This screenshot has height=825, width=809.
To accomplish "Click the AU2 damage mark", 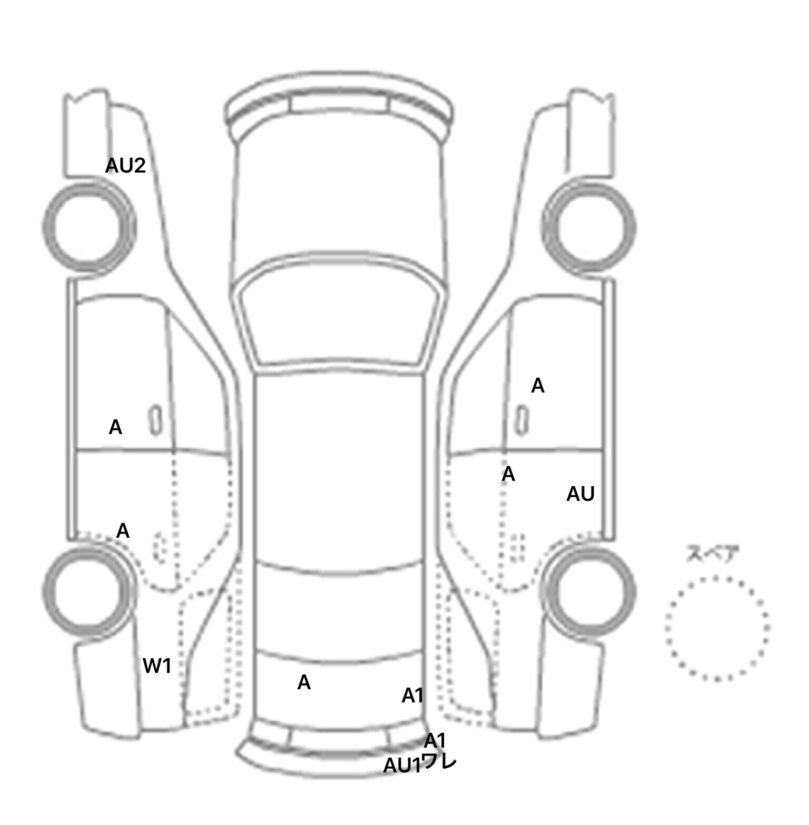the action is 125,166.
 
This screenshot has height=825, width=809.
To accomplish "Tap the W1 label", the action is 157,666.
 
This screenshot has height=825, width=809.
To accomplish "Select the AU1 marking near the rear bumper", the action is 402,766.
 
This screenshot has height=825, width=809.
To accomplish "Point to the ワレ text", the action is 439,761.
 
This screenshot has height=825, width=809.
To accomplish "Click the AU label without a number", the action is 580,494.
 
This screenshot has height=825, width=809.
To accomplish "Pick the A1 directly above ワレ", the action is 435,740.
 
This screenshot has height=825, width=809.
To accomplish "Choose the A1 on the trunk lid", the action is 412,696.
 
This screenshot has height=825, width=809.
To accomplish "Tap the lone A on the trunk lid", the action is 304,682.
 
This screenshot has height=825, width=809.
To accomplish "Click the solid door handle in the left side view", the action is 156,420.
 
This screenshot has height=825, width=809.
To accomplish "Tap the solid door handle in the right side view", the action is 522,420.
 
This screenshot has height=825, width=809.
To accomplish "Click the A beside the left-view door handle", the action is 115,427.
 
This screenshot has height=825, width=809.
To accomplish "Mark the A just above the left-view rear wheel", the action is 123,530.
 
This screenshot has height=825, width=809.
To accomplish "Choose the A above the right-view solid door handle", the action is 537,386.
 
